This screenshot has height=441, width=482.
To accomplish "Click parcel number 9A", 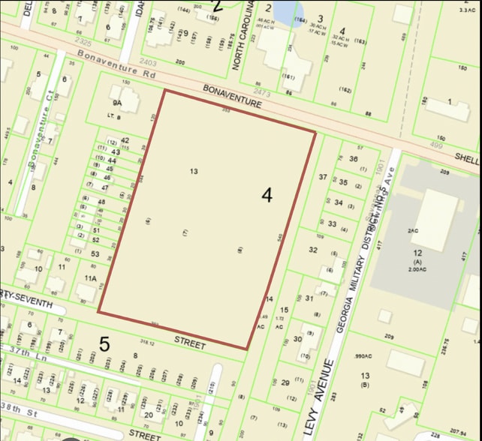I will coord(116,102).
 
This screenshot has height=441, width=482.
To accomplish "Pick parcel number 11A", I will coord(91,278).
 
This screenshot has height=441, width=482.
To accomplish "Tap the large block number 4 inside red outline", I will coord(267,195).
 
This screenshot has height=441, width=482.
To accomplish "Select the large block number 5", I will coord(104,344).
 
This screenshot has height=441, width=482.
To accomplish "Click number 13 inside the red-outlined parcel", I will coord(194,172).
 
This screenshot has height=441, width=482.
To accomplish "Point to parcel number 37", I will coord(324,177).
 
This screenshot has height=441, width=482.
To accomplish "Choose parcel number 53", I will coord(95,254).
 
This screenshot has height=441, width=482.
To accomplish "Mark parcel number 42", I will coord(125,140).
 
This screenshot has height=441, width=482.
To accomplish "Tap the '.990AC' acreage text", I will coord(364,357).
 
